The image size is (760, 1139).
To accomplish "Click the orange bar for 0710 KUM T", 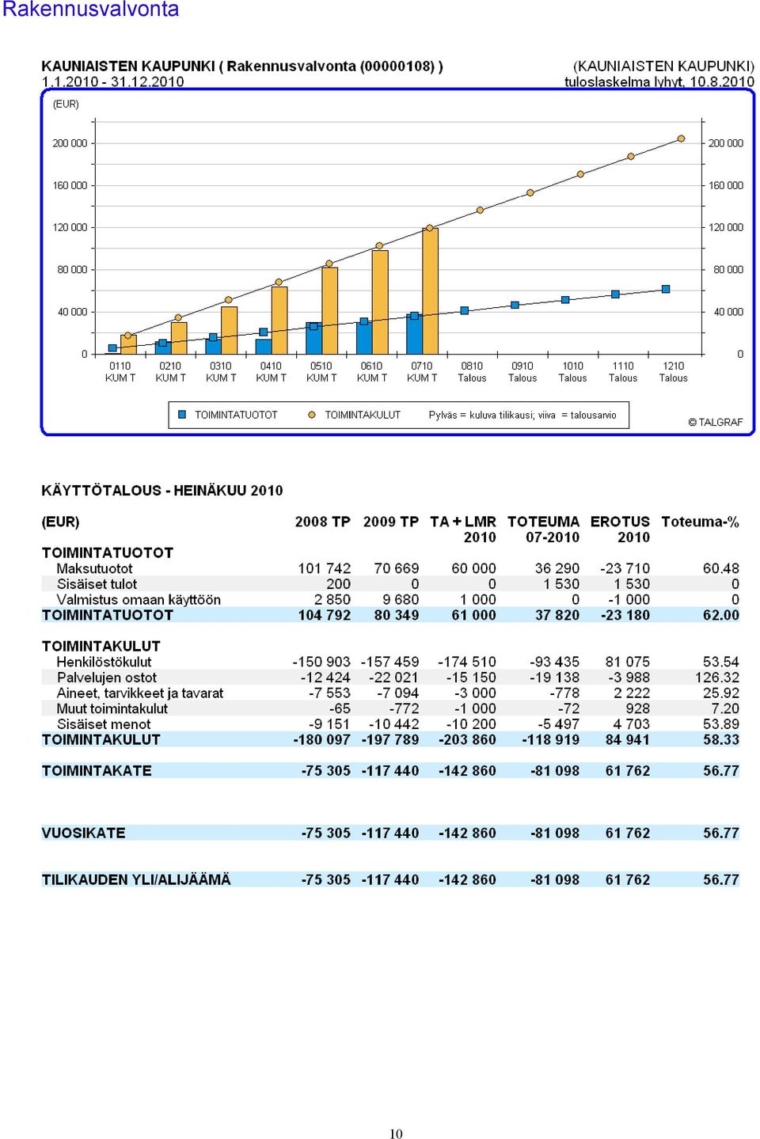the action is pos(431,290).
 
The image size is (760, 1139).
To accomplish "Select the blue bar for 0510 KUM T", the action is pos(313,338).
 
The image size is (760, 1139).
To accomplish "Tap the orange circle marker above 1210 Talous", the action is pos(681,139).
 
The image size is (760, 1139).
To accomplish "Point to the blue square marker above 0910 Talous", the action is pos(515,305).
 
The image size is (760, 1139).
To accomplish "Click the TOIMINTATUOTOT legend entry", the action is pos(228,415).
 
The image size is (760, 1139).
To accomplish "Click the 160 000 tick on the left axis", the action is pos(70,185).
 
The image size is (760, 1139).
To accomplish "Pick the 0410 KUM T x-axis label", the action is pos(271,372).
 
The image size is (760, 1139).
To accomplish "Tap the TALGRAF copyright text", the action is pos(715,422).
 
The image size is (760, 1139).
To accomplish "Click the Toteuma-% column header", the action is pos(700,522).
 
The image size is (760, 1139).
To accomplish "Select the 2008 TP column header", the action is pos(322,522).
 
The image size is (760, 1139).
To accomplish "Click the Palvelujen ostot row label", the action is pos(107,678).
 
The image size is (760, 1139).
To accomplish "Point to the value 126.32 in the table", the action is pos(717,678).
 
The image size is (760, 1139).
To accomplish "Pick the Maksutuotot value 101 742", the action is pos(324,568).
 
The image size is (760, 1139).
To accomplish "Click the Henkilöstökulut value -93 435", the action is pos(554,662).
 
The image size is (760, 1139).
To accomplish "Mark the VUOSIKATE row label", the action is pos(83,833).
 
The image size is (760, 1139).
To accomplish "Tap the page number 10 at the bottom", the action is pos(396,1133).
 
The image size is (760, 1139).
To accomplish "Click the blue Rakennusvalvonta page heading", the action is pos(90,9).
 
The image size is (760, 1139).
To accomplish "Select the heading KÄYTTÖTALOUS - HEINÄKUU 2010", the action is pos(162,491).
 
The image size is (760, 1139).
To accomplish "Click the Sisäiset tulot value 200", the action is pos(338,583).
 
